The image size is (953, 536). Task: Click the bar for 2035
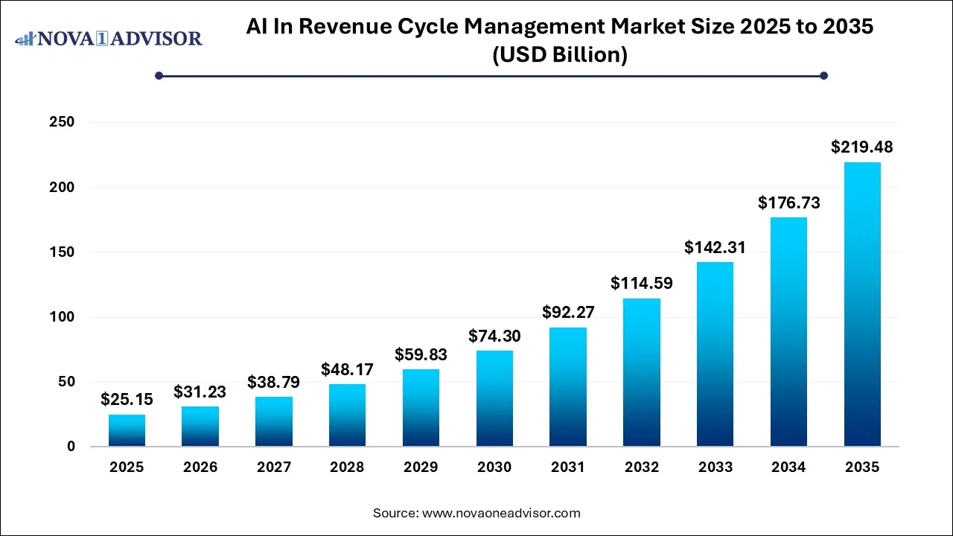tap(862, 304)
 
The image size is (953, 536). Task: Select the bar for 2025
tap(127, 430)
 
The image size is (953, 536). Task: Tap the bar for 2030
tap(494, 398)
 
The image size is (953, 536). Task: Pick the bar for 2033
tap(715, 354)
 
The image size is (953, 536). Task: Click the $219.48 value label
tap(862, 147)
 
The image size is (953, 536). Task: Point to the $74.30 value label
tap(494, 336)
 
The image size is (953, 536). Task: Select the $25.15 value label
tap(127, 400)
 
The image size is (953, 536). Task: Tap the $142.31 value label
tap(715, 247)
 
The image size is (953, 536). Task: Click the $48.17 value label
tap(347, 369)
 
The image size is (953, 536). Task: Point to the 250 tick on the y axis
tap(61, 122)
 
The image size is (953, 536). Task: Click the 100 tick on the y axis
tap(61, 317)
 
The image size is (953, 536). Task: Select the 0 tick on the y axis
tap(71, 447)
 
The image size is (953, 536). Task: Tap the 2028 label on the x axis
tap(347, 468)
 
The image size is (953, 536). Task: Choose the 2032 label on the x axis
tap(642, 468)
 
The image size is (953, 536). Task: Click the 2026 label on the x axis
tap(200, 468)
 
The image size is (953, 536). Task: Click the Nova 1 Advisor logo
tap(109, 38)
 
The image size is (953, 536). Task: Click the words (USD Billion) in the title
tap(559, 55)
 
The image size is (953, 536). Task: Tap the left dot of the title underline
tap(159, 75)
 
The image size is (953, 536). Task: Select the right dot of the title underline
tap(823, 75)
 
